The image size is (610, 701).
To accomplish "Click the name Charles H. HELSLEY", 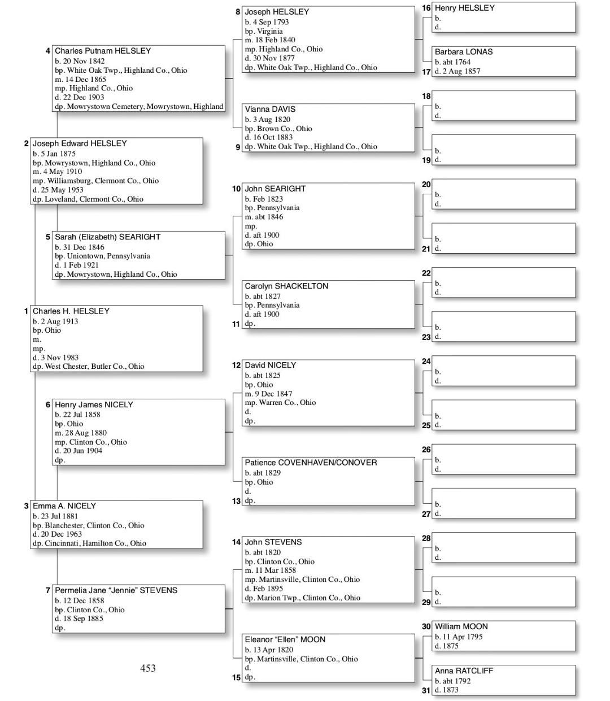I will tap(71, 311).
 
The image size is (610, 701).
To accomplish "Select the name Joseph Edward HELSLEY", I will tap(79, 143).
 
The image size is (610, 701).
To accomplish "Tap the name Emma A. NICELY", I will tap(64, 506).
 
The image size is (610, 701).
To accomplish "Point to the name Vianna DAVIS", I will tap(269, 109).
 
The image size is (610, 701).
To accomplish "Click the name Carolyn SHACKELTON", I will tap(286, 286).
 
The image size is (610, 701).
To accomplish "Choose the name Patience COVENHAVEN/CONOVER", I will tap(310, 463).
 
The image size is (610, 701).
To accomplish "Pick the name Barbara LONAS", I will tap(463, 52).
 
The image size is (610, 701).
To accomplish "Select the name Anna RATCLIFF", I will tap(463, 671).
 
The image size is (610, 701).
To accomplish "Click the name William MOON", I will tap(461, 626).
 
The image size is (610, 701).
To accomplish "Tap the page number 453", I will tap(148, 668).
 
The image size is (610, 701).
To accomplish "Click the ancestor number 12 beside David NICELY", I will tap(236, 365).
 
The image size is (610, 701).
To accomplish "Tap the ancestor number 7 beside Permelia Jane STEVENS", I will tap(48, 590).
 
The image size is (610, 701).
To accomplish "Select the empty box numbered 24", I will tap(503, 371).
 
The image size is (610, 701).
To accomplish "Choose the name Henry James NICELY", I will tap(94, 405).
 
